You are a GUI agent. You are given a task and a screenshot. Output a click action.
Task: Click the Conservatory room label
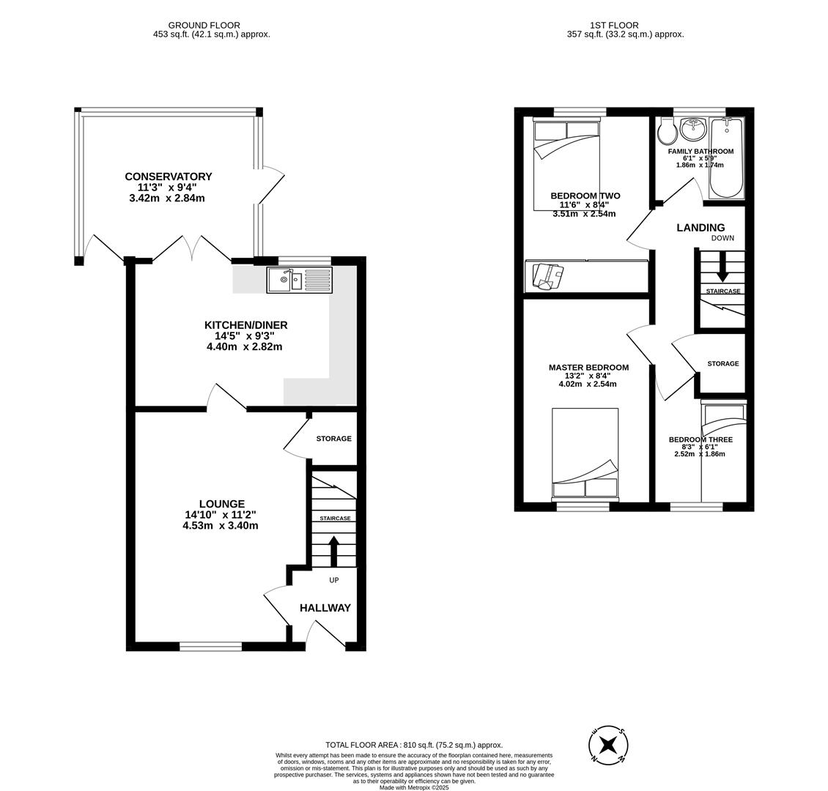point(168,177)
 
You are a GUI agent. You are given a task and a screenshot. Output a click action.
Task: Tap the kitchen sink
point(299,280)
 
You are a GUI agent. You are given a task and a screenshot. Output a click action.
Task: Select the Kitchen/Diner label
point(245,325)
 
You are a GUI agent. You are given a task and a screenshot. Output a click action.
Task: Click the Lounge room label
point(221,504)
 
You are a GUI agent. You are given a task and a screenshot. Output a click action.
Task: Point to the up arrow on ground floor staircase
point(334,551)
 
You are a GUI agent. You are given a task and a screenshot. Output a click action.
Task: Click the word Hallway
point(325,608)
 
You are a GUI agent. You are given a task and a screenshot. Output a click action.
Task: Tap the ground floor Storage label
point(333,439)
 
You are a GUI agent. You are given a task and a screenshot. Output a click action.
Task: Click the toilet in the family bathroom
point(667,132)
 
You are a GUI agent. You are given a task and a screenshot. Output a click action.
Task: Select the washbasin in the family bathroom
point(693,130)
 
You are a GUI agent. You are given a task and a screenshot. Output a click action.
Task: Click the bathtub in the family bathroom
point(726,157)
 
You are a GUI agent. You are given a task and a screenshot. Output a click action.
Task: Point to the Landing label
point(701,228)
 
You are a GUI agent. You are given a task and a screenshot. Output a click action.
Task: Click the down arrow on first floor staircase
point(722,268)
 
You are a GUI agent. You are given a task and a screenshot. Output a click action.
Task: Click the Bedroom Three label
point(700,440)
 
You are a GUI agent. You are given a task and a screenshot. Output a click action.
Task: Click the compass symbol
point(608,746)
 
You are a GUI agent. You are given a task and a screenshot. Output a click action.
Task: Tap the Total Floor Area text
point(414,745)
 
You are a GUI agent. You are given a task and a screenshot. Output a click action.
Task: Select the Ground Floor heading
point(204,26)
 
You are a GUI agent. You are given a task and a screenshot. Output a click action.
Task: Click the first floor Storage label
point(722,364)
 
